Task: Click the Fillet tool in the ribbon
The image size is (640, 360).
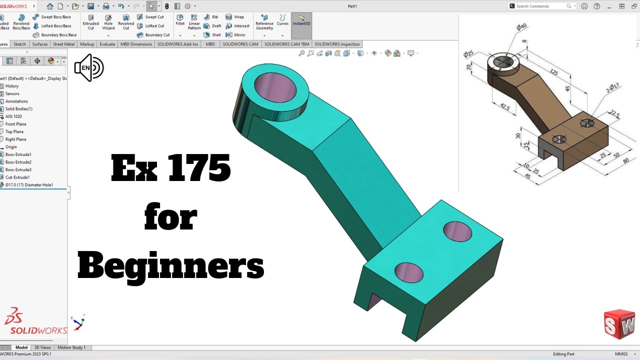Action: coord(180,19)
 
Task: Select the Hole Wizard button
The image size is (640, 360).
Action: coord(108,22)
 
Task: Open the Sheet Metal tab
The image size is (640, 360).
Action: coord(63,44)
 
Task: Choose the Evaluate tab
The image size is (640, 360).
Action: coord(107,44)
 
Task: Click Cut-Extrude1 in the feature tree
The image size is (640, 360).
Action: coord(17,177)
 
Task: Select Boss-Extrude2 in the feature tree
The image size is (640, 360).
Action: coord(18,162)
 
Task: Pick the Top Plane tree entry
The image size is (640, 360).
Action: coord(14,131)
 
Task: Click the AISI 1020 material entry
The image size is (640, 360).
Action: coord(13,116)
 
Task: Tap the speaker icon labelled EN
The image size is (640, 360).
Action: coord(88,68)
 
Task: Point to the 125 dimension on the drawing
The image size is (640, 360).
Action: coord(553,72)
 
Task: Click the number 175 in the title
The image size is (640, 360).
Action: coord(199,168)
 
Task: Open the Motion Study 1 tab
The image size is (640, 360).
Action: coord(71,347)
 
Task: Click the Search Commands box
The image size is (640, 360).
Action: coord(540,6)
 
